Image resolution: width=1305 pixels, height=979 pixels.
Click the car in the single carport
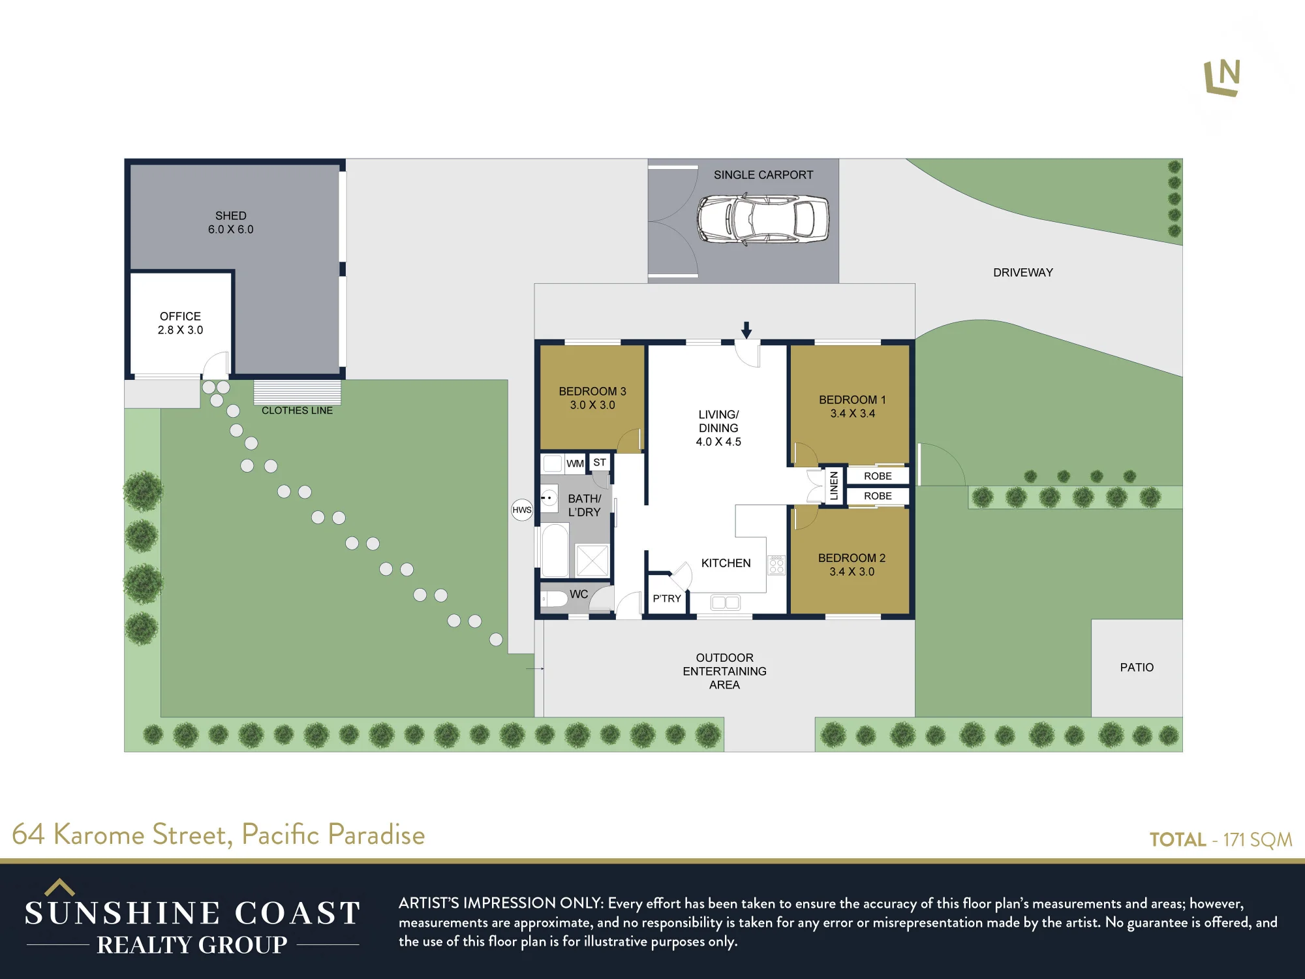tap(763, 219)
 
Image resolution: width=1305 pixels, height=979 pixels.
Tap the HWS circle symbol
tap(522, 510)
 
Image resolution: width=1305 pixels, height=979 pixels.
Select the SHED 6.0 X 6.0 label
tap(231, 223)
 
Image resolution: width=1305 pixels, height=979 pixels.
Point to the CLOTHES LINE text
tap(297, 411)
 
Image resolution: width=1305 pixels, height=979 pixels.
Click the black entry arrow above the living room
tap(746, 330)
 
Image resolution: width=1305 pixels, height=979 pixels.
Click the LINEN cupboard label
tap(834, 486)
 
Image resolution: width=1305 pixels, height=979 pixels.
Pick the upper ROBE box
tap(878, 476)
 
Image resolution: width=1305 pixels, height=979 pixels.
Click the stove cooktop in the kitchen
tap(776, 565)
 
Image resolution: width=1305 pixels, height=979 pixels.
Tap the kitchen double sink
tap(726, 602)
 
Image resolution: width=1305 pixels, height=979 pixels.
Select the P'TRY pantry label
tap(667, 598)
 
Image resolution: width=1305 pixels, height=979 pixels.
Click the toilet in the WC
tap(554, 598)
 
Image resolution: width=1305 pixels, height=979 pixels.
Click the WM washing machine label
tap(575, 464)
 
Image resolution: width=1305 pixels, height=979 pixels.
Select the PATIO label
tap(1137, 668)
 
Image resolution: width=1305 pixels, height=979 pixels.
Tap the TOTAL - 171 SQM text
tap(1221, 839)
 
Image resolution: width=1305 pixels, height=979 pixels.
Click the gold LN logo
tap(1222, 78)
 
